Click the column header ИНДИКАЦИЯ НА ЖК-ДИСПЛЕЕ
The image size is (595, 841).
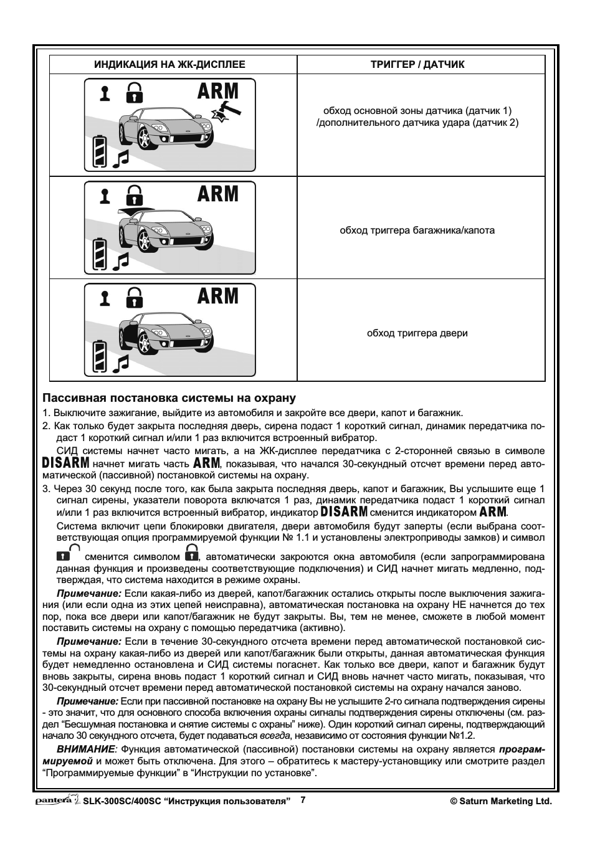[x=169, y=64]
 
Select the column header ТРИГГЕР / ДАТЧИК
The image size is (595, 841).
[x=417, y=64]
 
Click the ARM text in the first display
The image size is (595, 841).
[x=217, y=91]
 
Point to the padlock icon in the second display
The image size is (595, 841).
[x=134, y=195]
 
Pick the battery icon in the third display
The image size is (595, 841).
[x=99, y=356]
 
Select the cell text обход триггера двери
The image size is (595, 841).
[x=417, y=333]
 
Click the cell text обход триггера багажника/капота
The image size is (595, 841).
[x=417, y=230]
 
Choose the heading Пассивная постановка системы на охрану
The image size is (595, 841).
[x=169, y=398]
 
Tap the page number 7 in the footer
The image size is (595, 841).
[x=303, y=800]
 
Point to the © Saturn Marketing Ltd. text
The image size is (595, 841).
[x=501, y=802]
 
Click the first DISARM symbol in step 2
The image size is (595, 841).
[x=66, y=463]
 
